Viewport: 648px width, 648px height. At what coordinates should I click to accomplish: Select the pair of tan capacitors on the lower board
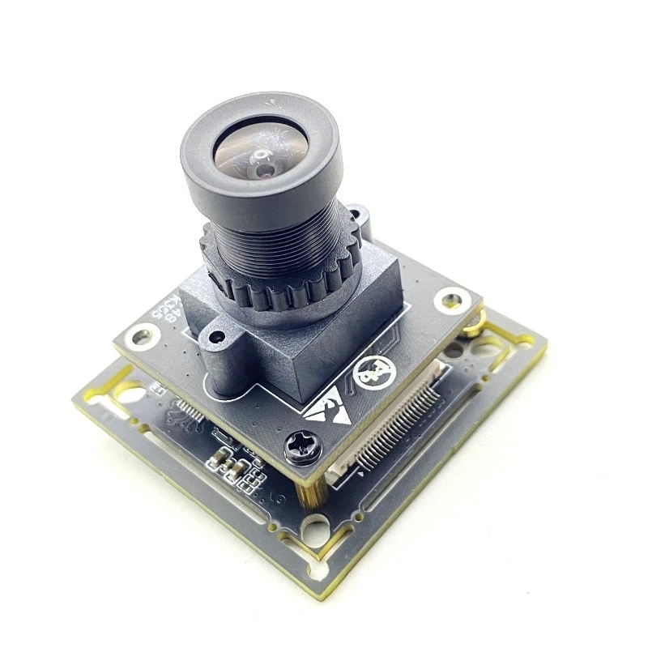click(227, 465)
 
